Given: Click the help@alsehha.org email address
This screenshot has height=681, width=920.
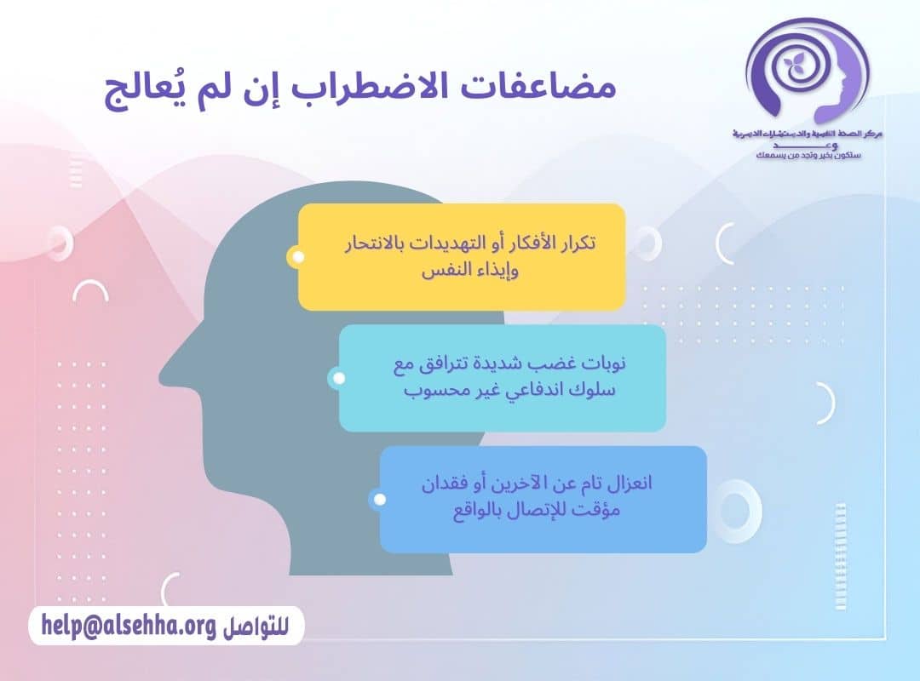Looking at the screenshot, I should tap(127, 627).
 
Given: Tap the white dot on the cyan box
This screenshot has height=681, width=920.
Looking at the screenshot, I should tap(338, 378).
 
